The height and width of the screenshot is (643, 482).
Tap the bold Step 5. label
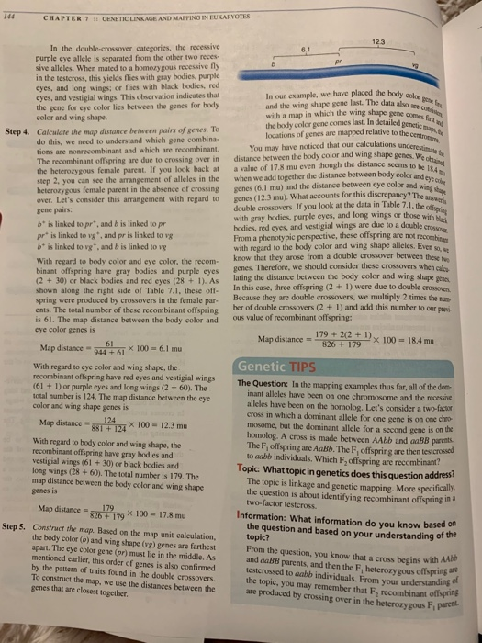coord(19,531)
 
